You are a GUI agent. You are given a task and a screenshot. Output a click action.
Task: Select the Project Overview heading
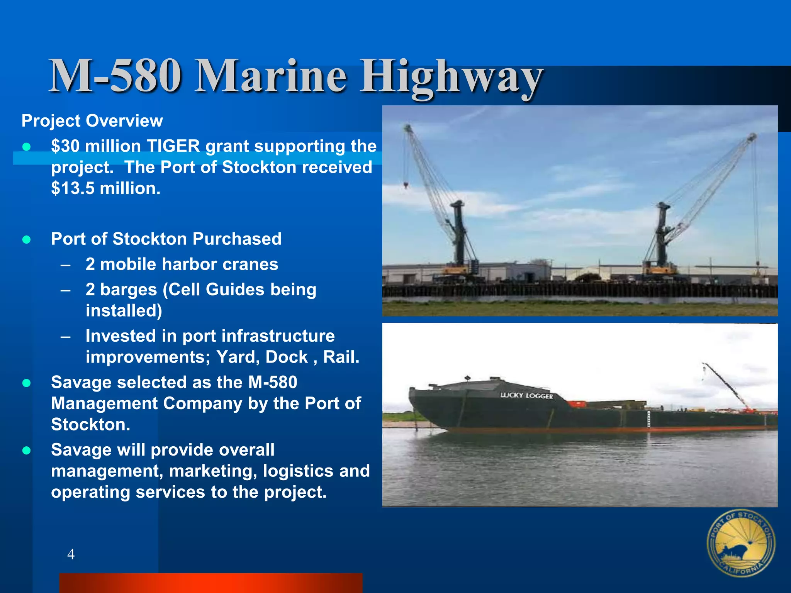pos(92,121)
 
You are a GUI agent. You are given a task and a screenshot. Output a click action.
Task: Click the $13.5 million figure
pos(105,188)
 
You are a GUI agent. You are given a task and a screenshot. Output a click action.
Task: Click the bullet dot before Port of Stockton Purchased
pos(27,240)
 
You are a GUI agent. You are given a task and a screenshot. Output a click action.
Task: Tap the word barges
pos(128,290)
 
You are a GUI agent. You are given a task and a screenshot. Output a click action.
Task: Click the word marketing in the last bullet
pos(212,471)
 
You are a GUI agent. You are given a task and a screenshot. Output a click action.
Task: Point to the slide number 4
pos(71,554)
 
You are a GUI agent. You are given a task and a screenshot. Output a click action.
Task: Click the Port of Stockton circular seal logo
pos(740,543)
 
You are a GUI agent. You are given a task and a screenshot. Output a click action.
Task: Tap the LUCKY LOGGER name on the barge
pos(526,395)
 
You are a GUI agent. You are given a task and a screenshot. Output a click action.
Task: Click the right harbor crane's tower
pos(662,236)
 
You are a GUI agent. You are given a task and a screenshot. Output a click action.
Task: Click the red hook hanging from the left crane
pos(406,186)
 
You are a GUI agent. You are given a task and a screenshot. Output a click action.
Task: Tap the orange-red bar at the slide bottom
pos(210,583)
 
